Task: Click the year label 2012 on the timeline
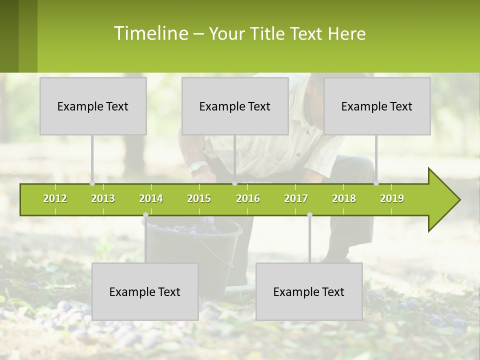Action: pos(55,198)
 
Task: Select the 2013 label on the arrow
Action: pos(103,198)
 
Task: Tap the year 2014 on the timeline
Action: pos(151,198)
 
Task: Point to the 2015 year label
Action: pos(199,198)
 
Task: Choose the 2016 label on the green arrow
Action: pos(248,198)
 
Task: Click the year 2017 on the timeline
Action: pos(296,198)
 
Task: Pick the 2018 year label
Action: pos(344,198)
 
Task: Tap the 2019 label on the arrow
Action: pos(392,198)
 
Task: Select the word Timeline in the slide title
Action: pos(150,33)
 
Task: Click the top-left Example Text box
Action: pos(93,106)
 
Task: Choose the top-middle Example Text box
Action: pos(235,106)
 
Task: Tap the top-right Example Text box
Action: pos(377,106)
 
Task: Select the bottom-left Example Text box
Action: pos(145,291)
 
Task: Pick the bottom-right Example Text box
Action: pos(309,291)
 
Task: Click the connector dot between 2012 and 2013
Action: pos(92,183)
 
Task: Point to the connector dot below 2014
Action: pos(145,215)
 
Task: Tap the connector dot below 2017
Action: pos(309,215)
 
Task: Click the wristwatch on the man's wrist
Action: pos(198,166)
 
